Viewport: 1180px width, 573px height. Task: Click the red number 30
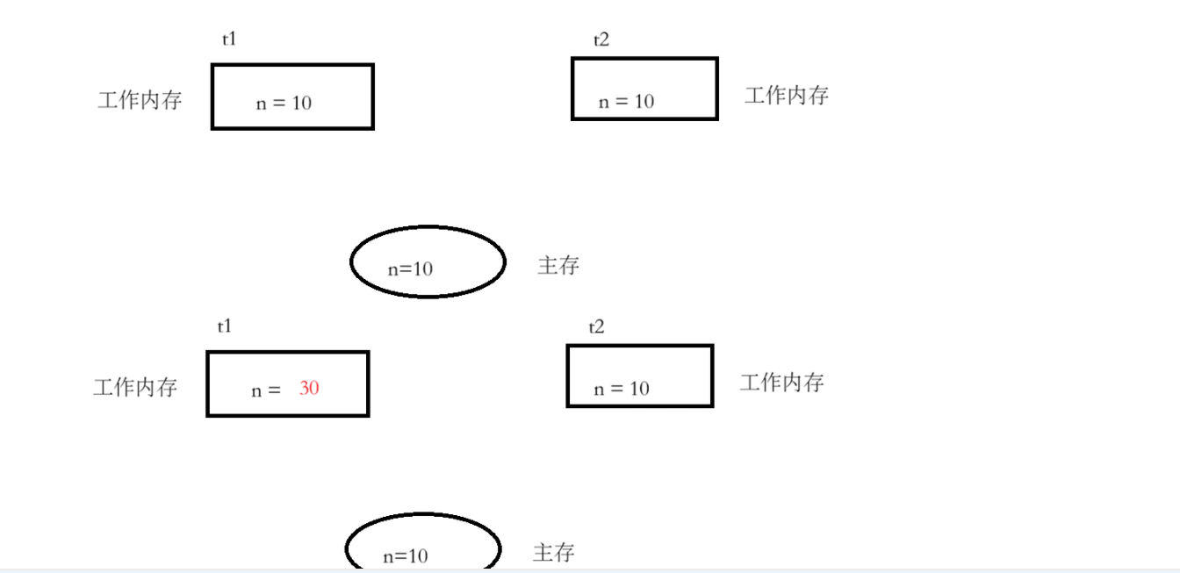click(309, 387)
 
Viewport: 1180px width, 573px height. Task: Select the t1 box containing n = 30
click(288, 383)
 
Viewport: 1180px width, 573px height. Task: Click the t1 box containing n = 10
click(292, 97)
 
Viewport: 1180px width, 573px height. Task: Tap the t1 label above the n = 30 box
click(225, 326)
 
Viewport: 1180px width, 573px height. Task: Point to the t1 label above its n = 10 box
click(229, 39)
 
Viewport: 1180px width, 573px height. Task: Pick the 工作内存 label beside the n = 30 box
click(135, 387)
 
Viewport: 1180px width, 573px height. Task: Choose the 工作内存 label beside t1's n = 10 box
click(140, 100)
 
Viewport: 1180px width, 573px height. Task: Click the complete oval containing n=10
click(428, 261)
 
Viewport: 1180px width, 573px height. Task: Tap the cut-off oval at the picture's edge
click(423, 544)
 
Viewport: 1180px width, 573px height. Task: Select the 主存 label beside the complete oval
click(558, 265)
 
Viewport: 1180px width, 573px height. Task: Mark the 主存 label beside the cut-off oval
click(554, 553)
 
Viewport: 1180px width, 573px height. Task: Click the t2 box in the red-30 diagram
click(640, 376)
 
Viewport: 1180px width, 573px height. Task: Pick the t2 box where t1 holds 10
click(644, 89)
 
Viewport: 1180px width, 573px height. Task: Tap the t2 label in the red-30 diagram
click(597, 327)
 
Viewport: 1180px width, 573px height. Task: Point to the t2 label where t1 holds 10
click(601, 40)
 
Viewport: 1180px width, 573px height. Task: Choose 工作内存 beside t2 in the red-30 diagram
click(782, 383)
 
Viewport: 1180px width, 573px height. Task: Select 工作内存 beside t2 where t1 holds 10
click(787, 96)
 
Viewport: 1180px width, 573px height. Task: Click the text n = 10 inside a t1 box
click(284, 103)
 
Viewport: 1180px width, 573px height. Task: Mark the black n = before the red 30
click(265, 390)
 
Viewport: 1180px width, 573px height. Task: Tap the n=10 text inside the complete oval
click(410, 269)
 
